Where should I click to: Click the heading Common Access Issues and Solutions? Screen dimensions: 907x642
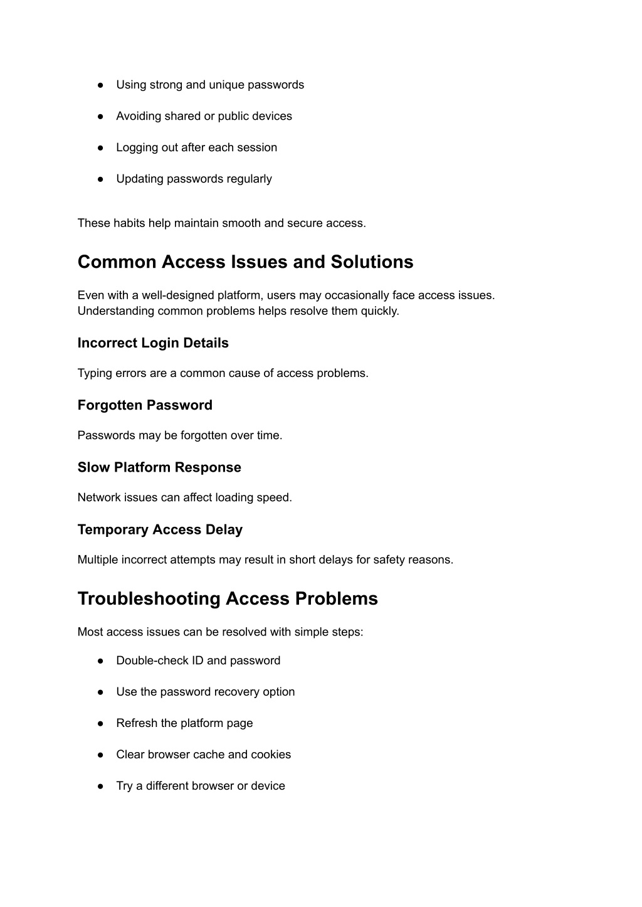click(x=245, y=262)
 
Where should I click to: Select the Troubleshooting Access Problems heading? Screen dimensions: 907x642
click(x=228, y=598)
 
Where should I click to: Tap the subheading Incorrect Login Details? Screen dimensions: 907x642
click(x=153, y=343)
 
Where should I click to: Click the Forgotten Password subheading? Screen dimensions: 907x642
click(x=145, y=405)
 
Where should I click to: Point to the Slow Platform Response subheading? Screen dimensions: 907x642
click(x=159, y=467)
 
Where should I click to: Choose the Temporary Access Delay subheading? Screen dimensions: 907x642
click(x=160, y=529)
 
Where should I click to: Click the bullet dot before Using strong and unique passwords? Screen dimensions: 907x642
click(x=100, y=85)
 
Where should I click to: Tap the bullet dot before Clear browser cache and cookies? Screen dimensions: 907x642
click(x=100, y=755)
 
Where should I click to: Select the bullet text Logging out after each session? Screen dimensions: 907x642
click(x=196, y=147)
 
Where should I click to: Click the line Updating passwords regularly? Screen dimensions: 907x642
click(x=194, y=179)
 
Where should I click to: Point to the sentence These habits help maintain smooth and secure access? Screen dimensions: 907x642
click(x=221, y=223)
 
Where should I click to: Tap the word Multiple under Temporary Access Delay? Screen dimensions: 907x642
click(x=98, y=560)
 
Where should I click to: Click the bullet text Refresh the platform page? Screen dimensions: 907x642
click(x=184, y=723)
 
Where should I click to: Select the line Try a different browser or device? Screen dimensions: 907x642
click(x=200, y=786)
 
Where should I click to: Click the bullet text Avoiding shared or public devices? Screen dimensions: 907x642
click(x=204, y=116)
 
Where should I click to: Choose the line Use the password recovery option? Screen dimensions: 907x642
click(x=205, y=692)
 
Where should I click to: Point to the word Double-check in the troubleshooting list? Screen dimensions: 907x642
click(x=148, y=660)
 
